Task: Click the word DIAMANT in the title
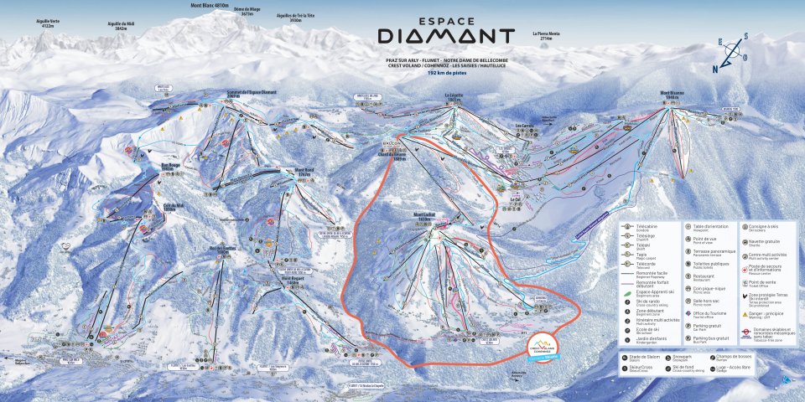(x=445, y=36)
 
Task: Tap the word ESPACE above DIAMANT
(x=445, y=18)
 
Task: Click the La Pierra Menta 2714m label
(x=546, y=35)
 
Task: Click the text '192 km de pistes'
(x=445, y=73)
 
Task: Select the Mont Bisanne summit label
(x=673, y=93)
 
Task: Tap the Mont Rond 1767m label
(x=303, y=171)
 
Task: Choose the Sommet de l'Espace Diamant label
(x=252, y=94)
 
